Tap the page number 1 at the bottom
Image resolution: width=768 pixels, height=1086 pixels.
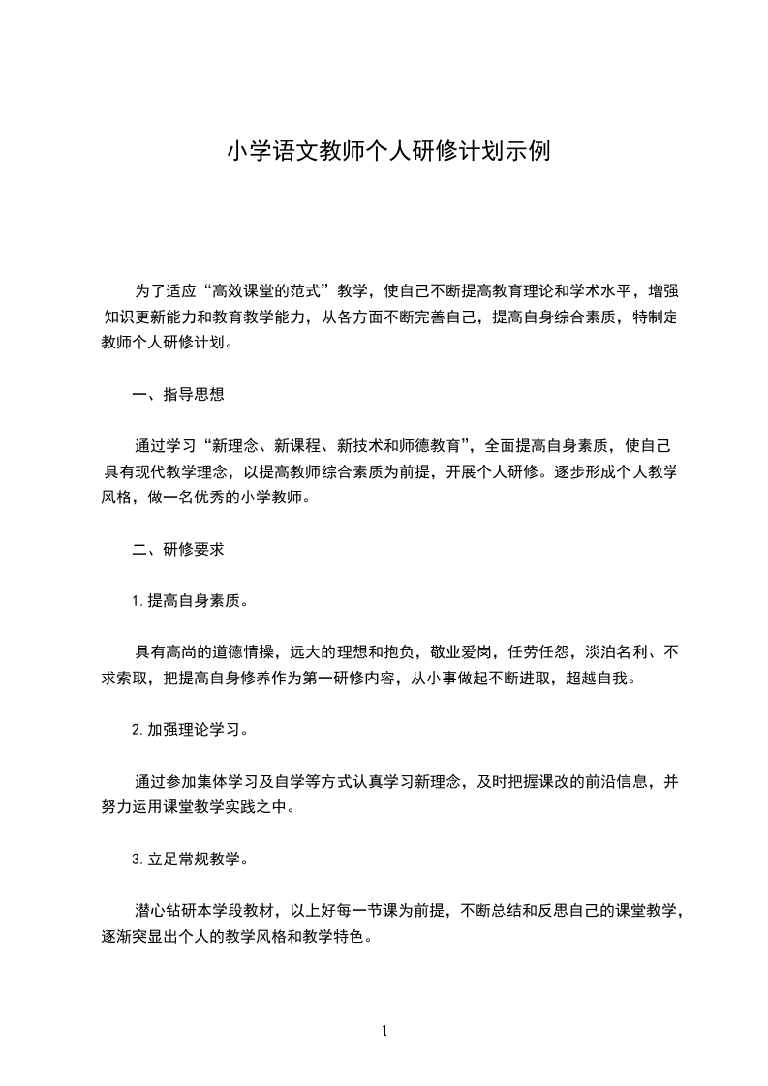[384, 1031]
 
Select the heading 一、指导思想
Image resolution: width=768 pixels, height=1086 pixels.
[178, 394]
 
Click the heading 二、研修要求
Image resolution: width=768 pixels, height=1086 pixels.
[178, 549]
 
